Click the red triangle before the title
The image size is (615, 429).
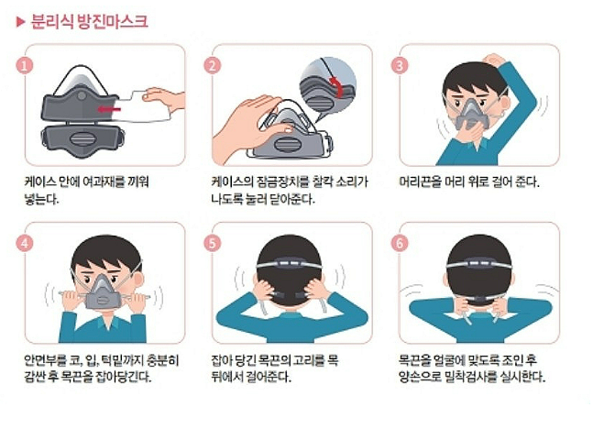[x=20, y=22]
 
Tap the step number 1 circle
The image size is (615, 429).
[x=25, y=65]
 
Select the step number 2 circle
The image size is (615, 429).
[x=213, y=65]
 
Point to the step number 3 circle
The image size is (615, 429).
[x=400, y=65]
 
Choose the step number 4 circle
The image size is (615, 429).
[x=25, y=243]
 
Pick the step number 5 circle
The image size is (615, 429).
[x=213, y=243]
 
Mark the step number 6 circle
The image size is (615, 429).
[x=400, y=243]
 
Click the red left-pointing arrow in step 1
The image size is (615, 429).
[x=109, y=109]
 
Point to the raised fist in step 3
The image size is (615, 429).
[x=494, y=60]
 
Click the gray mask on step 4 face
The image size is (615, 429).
[x=103, y=291]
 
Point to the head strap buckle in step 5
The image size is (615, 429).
[x=290, y=263]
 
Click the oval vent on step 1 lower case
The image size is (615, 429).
[x=82, y=138]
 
